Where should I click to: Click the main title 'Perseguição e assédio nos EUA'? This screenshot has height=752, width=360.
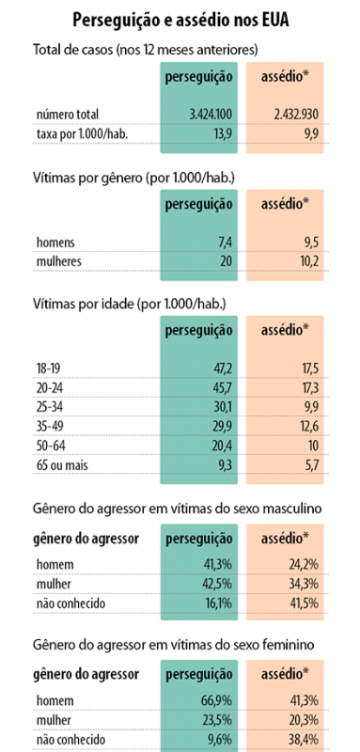coord(180,21)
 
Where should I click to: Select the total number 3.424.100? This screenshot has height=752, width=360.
coord(211,115)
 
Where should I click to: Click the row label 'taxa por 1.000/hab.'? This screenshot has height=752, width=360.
coord(83,134)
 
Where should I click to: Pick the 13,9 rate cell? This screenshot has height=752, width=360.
coord(223,134)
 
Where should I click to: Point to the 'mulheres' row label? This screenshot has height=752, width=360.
coord(59,262)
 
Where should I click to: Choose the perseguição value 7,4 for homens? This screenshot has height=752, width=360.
coord(225,243)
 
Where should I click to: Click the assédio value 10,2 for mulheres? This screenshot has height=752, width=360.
coord(309,262)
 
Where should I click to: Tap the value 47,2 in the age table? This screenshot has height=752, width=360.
coord(223,368)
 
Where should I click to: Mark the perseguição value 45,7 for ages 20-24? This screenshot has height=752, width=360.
coord(223,388)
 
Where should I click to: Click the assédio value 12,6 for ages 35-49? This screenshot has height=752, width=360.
coord(309,427)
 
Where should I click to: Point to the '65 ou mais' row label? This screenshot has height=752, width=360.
coord(62,465)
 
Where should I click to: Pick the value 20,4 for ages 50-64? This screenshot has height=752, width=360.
coord(223,446)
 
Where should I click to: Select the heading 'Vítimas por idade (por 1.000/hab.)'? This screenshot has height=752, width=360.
coord(130,305)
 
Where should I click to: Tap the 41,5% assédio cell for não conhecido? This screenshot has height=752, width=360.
coord(305,603)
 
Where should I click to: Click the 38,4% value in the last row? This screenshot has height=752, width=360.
coord(305,740)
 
